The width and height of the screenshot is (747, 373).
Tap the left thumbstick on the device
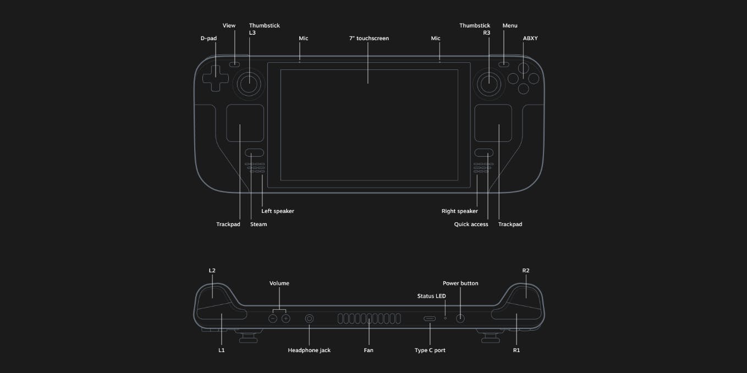pyautogui.click(x=249, y=83)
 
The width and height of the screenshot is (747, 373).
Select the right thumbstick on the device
pyautogui.click(x=488, y=83)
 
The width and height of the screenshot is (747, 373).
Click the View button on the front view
pyautogui.click(x=235, y=64)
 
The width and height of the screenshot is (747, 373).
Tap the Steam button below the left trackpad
pyautogui.click(x=254, y=152)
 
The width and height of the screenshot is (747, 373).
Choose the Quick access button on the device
pyautogui.click(x=485, y=152)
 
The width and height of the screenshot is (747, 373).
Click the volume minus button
pyautogui.click(x=273, y=319)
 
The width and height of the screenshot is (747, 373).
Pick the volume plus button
pyautogui.click(x=285, y=319)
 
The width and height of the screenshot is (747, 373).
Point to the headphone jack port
pyautogui.click(x=309, y=319)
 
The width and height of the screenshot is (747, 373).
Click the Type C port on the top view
pyautogui.click(x=430, y=319)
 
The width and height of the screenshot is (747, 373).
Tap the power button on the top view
pyautogui.click(x=460, y=319)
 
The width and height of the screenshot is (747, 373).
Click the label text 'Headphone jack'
pyautogui.click(x=309, y=350)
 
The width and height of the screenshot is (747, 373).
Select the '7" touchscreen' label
pyautogui.click(x=369, y=39)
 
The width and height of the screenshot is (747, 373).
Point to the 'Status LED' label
pyautogui.click(x=431, y=296)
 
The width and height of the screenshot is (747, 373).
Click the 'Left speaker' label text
pyautogui.click(x=278, y=211)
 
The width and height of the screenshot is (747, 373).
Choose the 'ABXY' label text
pyautogui.click(x=530, y=39)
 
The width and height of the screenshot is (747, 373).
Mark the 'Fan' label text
pyautogui.click(x=369, y=350)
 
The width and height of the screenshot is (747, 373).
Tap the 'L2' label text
pyautogui.click(x=212, y=271)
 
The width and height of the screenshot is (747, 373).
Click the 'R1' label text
pyautogui.click(x=517, y=350)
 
